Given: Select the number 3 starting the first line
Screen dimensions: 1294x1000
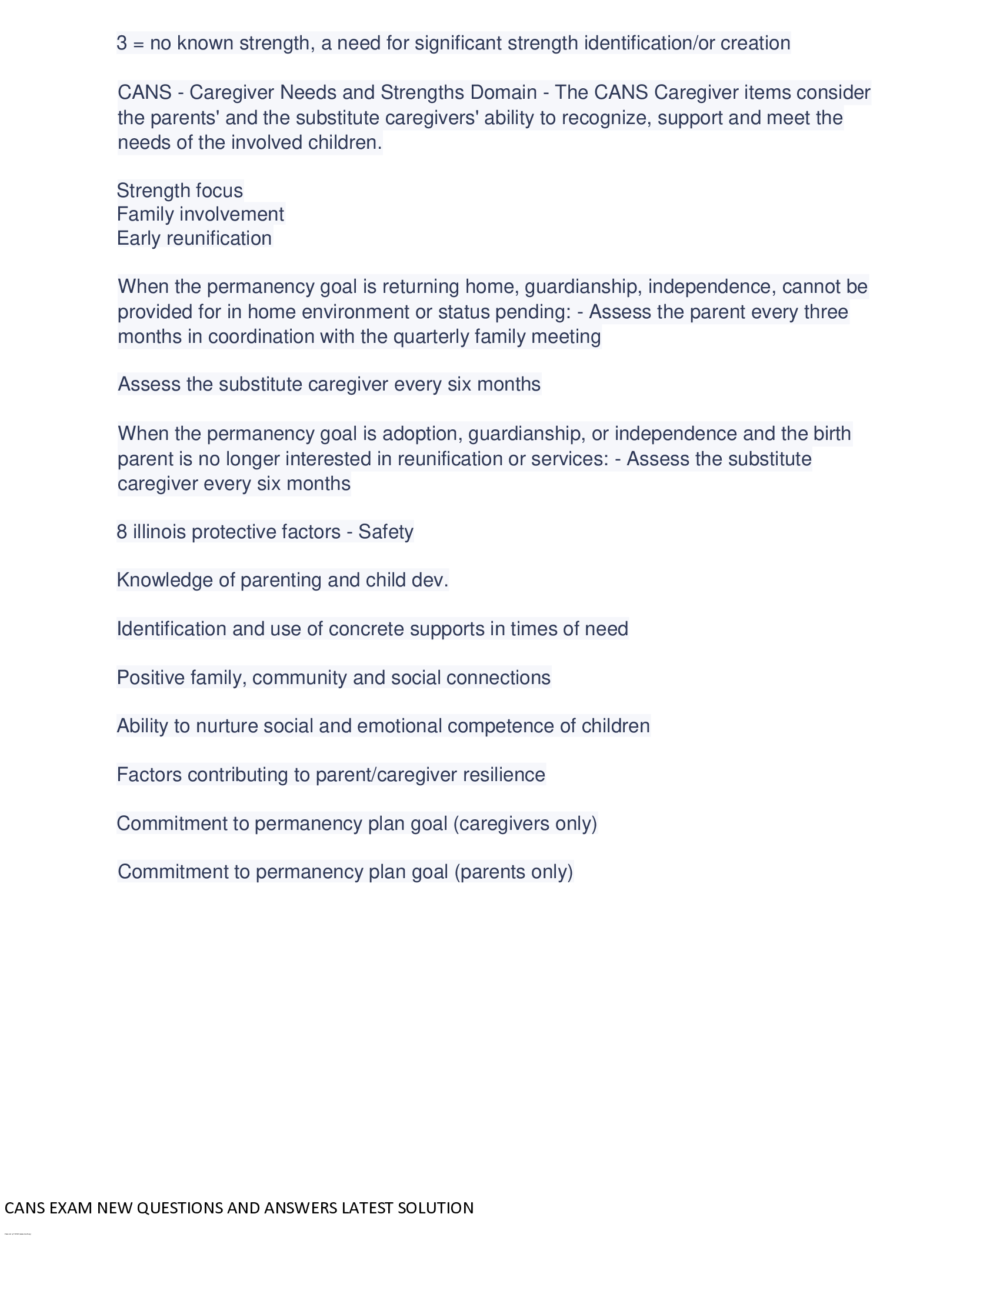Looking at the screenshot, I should point(121,44).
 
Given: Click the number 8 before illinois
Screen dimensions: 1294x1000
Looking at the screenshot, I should point(121,532).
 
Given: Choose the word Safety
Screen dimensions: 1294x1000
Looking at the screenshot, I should point(386,532).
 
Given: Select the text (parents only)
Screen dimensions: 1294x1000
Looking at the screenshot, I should point(514,872).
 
